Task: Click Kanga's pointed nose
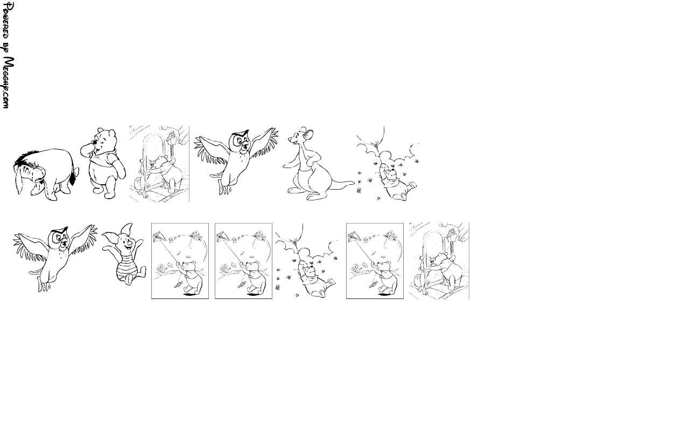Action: point(290,140)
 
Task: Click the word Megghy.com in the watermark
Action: point(8,83)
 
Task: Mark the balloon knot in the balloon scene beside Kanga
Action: point(376,143)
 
